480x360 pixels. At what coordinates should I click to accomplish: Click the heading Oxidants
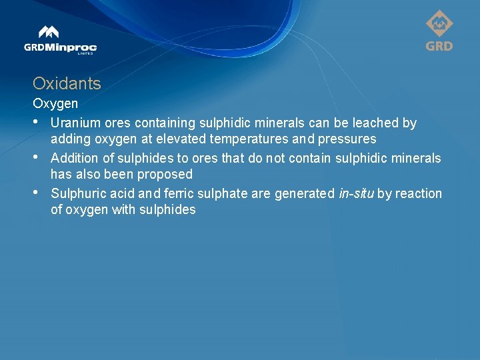pos(67,84)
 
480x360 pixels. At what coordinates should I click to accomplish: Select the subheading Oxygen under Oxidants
pos(55,104)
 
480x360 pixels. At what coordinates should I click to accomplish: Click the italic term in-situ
pos(356,193)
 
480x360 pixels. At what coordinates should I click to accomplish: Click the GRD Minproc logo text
pos(61,47)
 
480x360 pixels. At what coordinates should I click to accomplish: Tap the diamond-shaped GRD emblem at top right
pos(439,24)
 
